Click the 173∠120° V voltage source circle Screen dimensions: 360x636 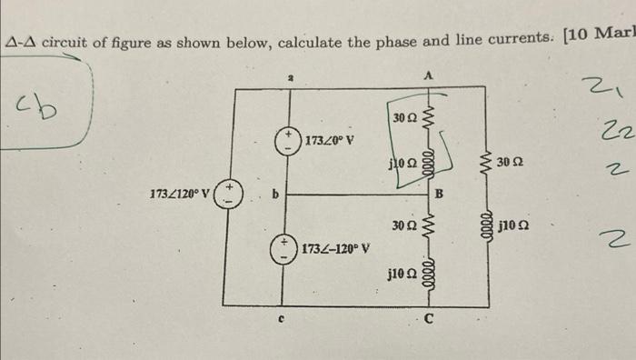click(x=228, y=194)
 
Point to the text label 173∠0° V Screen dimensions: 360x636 click(x=329, y=141)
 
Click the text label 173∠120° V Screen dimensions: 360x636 click(x=179, y=193)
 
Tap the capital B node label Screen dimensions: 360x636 click(x=438, y=192)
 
